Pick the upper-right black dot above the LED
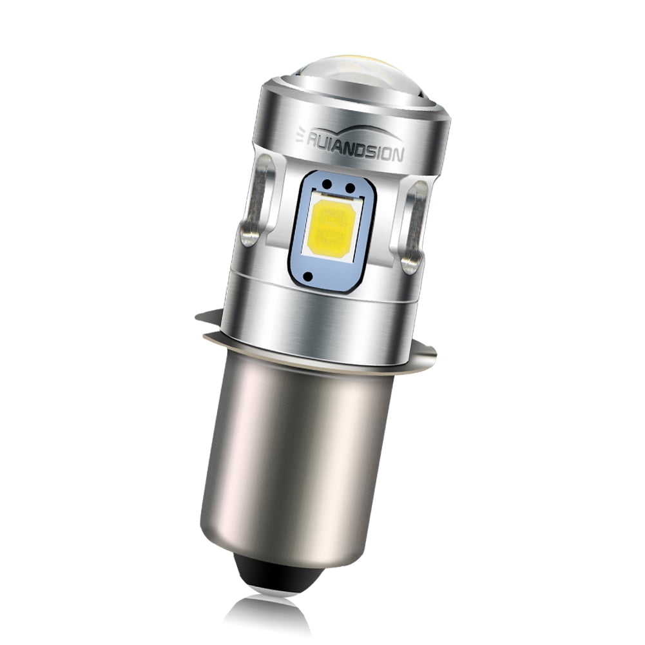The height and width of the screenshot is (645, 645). point(351,188)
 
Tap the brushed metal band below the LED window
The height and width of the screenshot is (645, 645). point(322,316)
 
